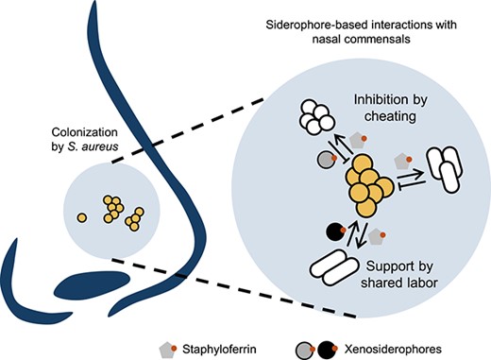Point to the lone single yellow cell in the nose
point(82,217)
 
